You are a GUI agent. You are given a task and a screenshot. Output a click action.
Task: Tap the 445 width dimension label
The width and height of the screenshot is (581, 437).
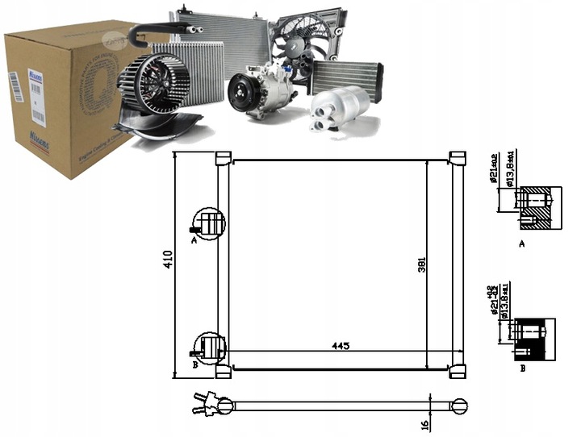click(340, 346)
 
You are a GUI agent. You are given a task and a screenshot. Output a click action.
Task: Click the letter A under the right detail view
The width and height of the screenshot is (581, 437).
click(521, 241)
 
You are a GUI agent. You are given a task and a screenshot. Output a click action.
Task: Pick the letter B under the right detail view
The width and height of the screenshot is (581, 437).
click(522, 368)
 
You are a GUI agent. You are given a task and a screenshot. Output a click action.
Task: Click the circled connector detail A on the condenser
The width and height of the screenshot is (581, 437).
click(207, 223)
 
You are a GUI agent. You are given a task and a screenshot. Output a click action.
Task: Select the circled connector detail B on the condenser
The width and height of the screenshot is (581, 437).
click(209, 348)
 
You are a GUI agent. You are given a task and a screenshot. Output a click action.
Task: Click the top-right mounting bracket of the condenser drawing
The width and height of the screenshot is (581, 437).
click(457, 157)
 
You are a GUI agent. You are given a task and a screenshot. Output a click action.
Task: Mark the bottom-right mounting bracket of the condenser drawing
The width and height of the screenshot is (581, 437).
click(457, 372)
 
